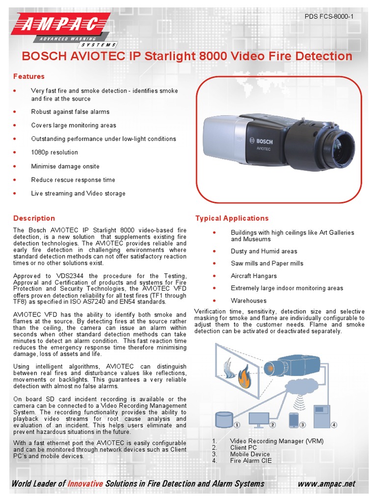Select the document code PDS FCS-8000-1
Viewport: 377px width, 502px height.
329,17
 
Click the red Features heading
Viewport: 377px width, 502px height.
29,76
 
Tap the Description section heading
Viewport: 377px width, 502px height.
34,218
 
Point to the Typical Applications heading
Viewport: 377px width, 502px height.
232,218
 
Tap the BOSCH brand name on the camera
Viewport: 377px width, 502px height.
264,141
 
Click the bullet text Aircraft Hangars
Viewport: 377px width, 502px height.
254,276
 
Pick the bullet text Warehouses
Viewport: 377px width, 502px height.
248,301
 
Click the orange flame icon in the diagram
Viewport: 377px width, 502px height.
244,378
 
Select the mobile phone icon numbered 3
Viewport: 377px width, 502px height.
294,420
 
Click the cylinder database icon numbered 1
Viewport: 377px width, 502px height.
224,419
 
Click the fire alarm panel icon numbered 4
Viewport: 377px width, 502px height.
322,416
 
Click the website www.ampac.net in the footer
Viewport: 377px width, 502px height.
326,484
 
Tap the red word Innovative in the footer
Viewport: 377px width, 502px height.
85,484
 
